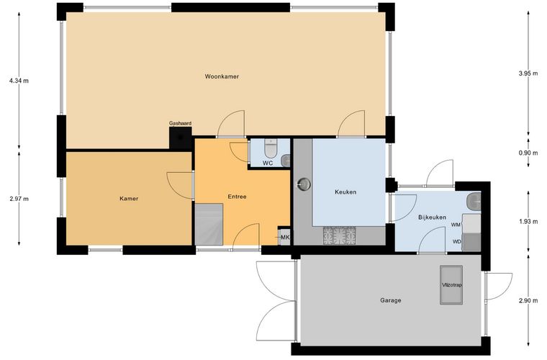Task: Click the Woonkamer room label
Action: point(222,76)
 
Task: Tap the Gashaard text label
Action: point(180,123)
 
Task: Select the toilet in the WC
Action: point(271,148)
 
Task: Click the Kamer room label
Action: point(129,199)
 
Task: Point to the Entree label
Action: point(238,197)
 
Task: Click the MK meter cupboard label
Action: point(285,238)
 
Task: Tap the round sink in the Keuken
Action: point(304,184)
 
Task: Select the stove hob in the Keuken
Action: point(340,235)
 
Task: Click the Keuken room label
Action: point(345,192)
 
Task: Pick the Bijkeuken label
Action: point(432,217)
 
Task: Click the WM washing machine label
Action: point(456,225)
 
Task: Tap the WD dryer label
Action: point(456,241)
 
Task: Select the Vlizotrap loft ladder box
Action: point(451,285)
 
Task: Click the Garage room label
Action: point(390,300)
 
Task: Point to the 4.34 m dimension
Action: point(19,81)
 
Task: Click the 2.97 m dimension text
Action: point(19,199)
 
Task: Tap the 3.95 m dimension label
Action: point(528,73)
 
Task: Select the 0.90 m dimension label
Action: point(528,153)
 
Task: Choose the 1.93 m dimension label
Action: point(528,221)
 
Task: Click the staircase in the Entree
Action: point(209,224)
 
